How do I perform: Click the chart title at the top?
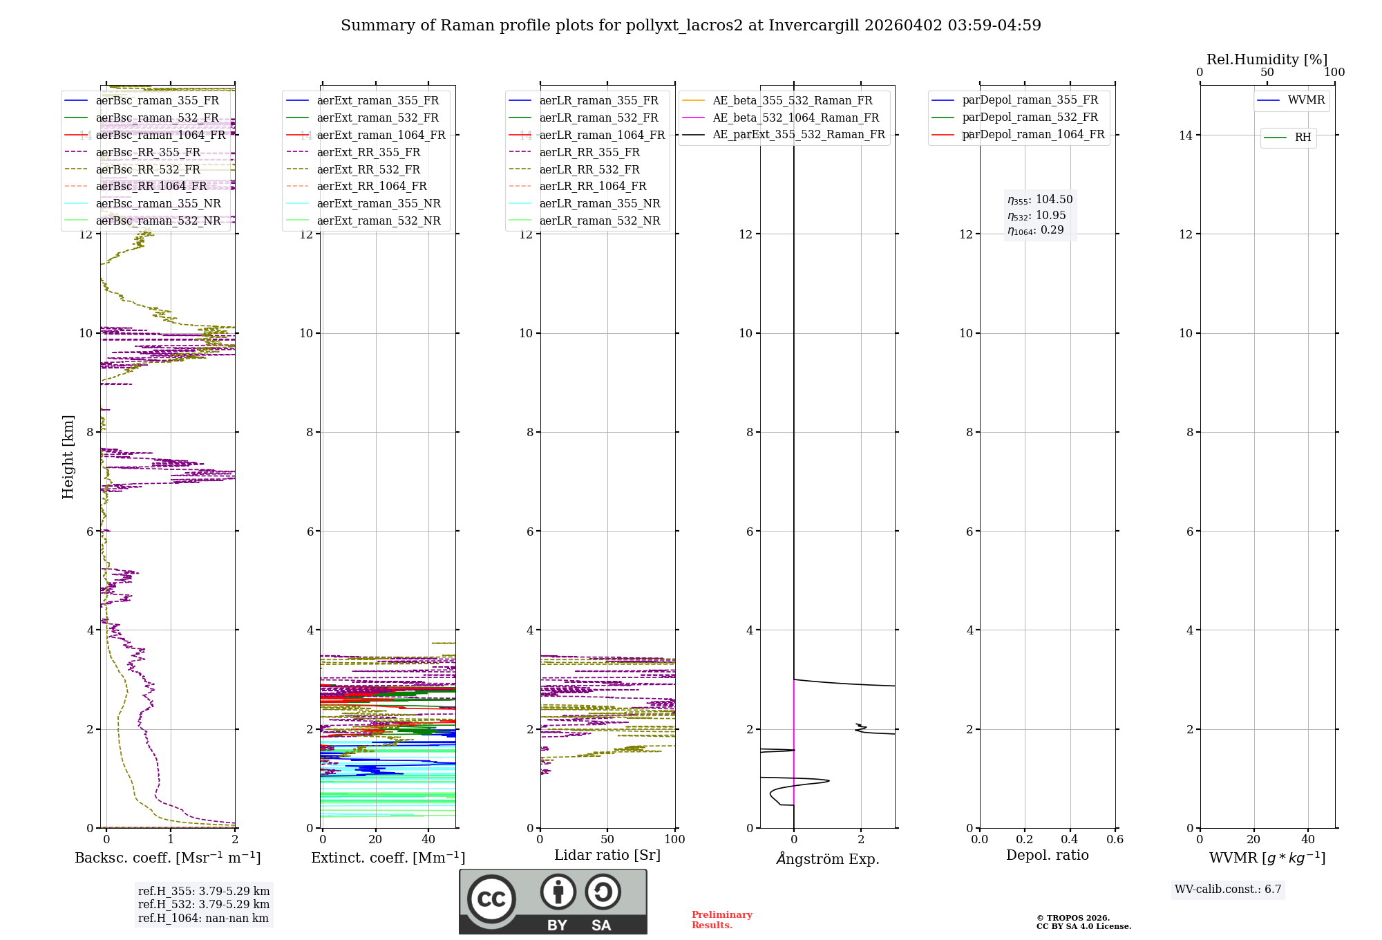tap(690, 26)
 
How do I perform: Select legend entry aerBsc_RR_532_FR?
tap(148, 169)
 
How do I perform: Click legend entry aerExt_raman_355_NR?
tap(378, 203)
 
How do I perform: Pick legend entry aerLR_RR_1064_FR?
tap(592, 187)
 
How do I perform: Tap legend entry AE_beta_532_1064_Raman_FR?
tap(795, 117)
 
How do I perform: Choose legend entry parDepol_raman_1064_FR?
tap(1033, 135)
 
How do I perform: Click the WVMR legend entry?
tap(1305, 100)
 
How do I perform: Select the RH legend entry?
tap(1303, 138)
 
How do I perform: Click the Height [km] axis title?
tap(68, 457)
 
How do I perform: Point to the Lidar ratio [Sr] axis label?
tap(607, 856)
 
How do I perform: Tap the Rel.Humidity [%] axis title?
tap(1267, 59)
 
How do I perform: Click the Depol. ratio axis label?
tap(1047, 856)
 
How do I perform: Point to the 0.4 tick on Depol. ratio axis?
tap(1070, 840)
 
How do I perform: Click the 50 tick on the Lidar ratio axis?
tap(607, 840)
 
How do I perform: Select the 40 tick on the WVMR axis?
tap(1307, 840)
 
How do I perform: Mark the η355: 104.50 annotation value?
tap(1040, 200)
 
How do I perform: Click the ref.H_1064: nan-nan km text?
tap(203, 919)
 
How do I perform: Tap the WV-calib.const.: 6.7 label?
tap(1228, 890)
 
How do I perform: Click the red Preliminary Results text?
tap(721, 920)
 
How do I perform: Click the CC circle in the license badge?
tap(491, 899)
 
